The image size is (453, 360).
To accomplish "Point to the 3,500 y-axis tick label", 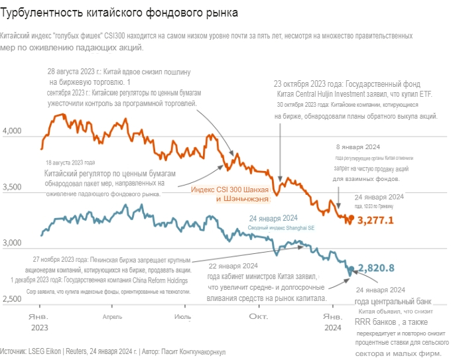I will pos(14,188).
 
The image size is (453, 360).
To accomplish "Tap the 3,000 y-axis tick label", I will pos(14,243).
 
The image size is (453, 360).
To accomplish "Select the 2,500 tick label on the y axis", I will pos(14,299).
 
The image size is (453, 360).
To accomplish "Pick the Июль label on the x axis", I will pos(183,316).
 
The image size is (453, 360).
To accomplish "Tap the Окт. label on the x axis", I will pos(257,316).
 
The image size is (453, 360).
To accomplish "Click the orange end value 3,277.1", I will pos(376,220).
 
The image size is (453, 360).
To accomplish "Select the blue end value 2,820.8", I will pos(376,268).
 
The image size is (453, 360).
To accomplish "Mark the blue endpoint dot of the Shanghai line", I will pos(350,268).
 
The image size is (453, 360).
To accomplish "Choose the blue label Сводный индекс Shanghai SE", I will pos(282,227).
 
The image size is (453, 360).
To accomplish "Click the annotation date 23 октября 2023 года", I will pos(308,85).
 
